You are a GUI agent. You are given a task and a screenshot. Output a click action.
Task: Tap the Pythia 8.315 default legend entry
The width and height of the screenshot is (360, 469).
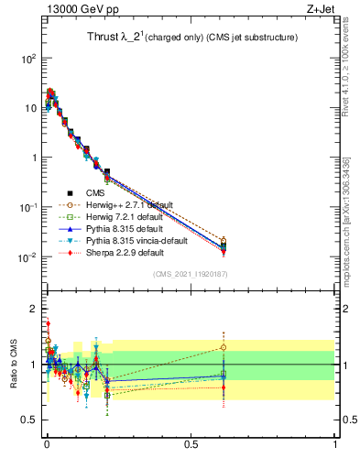coord(130,229)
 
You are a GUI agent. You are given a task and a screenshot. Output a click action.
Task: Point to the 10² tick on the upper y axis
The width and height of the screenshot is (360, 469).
coord(28,58)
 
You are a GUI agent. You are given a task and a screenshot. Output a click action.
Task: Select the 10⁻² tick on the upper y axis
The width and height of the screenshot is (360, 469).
coord(28,257)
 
